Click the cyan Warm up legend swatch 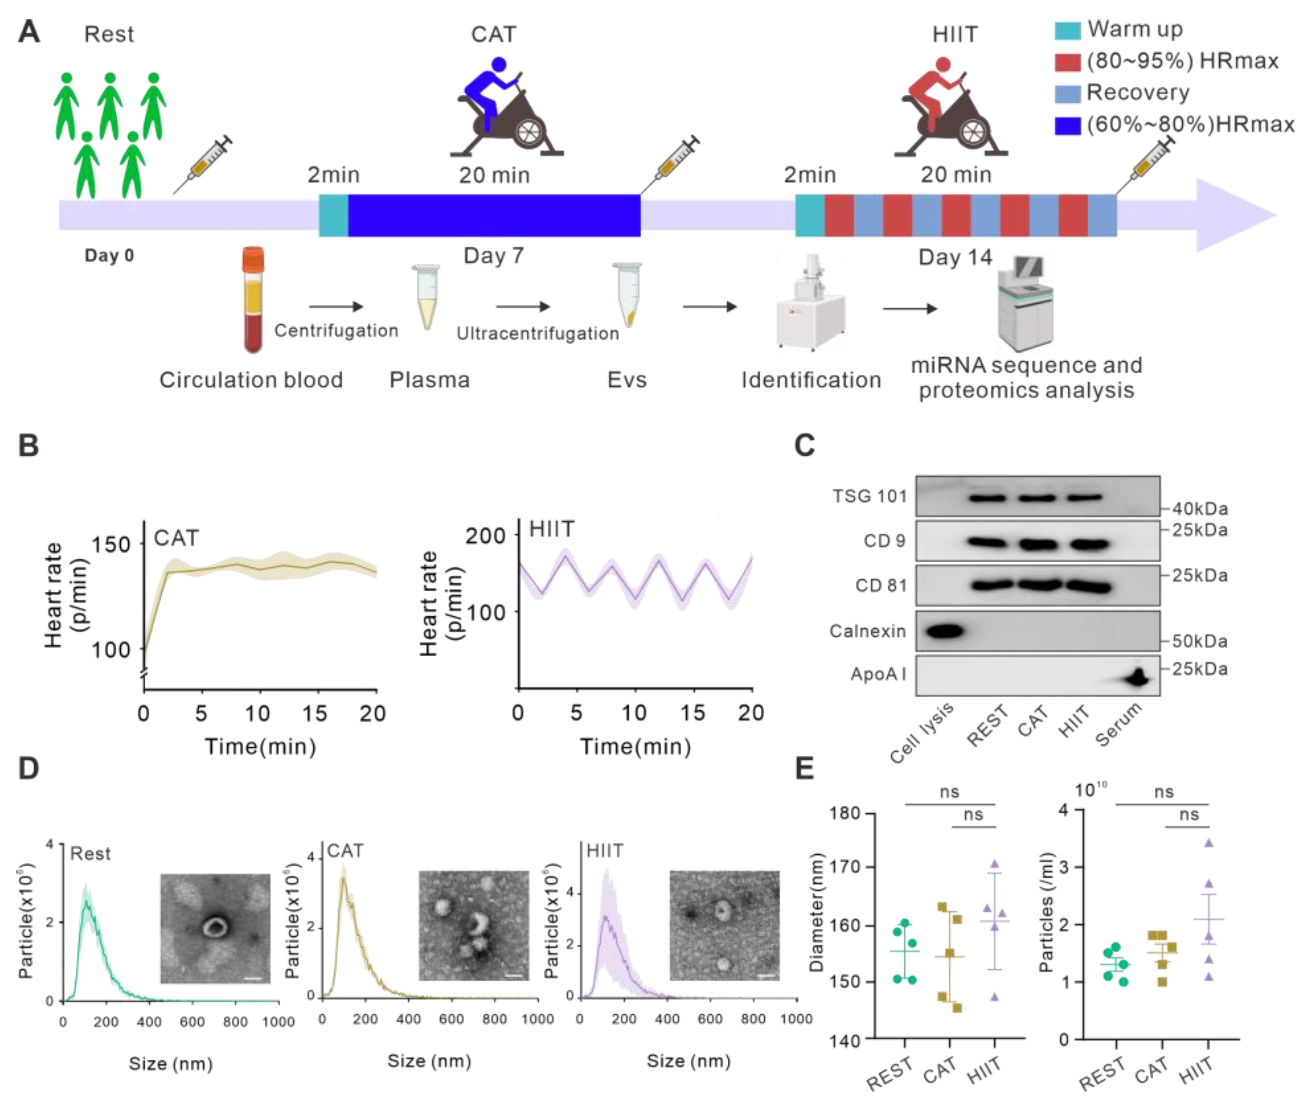(1067, 30)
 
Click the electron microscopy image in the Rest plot (215, 928)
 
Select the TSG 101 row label (870, 496)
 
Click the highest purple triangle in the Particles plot (1208, 843)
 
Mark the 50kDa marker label (1200, 641)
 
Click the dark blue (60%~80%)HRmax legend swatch (1067, 126)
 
